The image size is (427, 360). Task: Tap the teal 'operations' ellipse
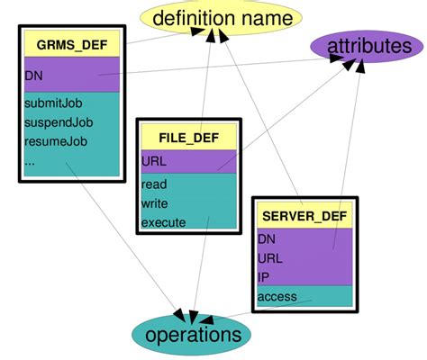click(194, 335)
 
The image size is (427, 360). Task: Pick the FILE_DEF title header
click(186, 138)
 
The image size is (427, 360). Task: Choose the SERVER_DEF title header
click(303, 216)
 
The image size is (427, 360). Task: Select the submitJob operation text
click(51, 104)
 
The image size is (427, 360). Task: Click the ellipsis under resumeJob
click(32, 162)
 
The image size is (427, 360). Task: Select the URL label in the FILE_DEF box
click(154, 161)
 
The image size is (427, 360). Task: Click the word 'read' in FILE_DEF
click(154, 184)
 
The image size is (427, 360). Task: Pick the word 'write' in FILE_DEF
click(155, 203)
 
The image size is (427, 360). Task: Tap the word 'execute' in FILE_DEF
click(164, 222)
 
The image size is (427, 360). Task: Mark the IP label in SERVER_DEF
click(263, 276)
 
